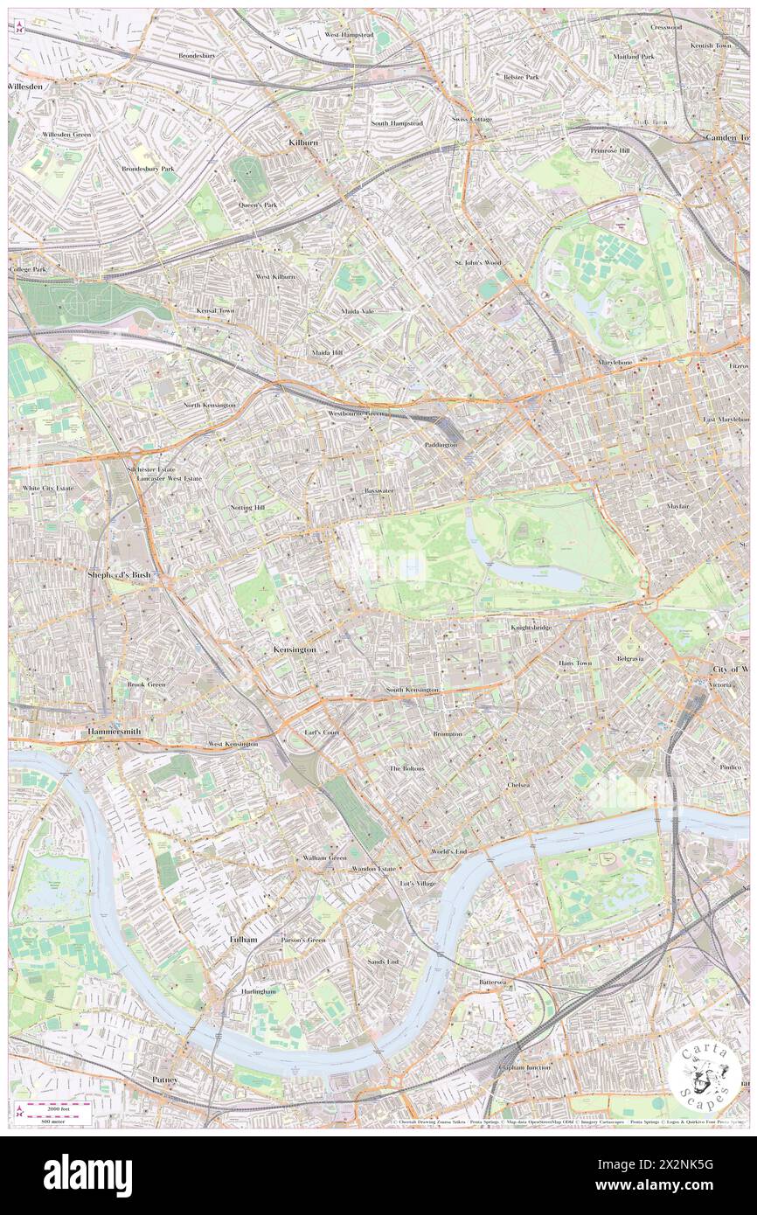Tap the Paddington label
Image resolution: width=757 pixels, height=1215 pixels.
(441, 445)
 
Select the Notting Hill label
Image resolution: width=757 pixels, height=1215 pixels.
(247, 508)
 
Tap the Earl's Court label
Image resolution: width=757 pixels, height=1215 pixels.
(322, 732)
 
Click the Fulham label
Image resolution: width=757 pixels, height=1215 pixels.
(243, 939)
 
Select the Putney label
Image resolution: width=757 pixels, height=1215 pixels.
(164, 1080)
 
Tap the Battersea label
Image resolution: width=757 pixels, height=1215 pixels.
(493, 982)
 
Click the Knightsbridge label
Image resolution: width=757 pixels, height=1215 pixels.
(531, 627)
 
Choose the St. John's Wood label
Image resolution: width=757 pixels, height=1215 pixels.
(477, 262)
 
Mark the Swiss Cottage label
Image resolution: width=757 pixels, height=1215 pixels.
(472, 119)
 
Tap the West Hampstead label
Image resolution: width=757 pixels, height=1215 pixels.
(349, 34)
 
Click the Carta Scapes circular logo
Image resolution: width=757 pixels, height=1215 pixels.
(705, 1074)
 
